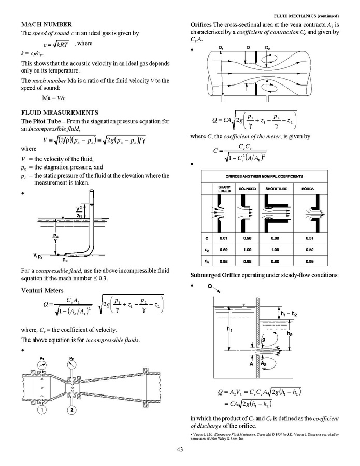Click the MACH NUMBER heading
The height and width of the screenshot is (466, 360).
[x=46, y=24]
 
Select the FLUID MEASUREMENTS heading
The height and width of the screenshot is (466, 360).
[x=60, y=112]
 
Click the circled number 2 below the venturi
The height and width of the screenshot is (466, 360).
[x=71, y=411]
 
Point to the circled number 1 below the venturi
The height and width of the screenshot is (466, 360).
[x=41, y=411]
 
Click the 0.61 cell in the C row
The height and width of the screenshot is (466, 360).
[x=224, y=238]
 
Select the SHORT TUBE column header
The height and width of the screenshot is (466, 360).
[x=273, y=189]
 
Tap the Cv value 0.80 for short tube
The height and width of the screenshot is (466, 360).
[x=273, y=261]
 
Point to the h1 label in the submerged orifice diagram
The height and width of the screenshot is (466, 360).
[x=228, y=329]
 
